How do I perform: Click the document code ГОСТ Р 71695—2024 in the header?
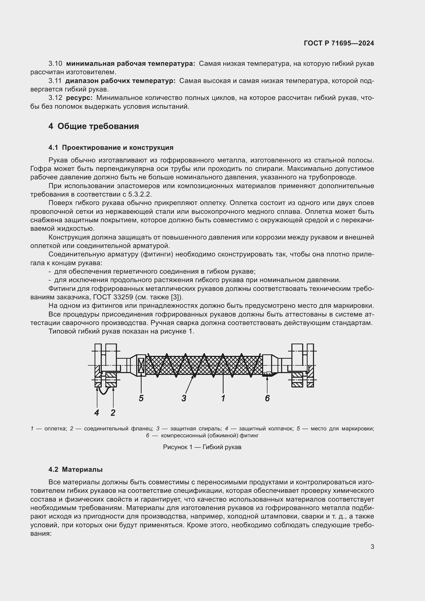click(339, 43)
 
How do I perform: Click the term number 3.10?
click(55, 64)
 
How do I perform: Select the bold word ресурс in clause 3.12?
click(79, 98)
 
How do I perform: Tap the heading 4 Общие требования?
click(94, 126)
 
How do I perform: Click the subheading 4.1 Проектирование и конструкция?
click(111, 148)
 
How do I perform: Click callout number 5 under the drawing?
click(141, 398)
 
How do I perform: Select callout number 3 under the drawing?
click(184, 398)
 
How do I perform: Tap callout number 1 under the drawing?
click(223, 398)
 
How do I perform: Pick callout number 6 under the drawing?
click(267, 398)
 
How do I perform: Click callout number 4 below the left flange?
click(97, 413)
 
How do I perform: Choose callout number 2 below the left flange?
click(113, 413)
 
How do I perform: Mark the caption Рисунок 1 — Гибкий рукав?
click(202, 447)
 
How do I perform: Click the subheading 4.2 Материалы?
click(75, 469)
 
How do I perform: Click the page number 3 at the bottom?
click(372, 547)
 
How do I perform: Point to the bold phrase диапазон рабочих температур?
click(120, 81)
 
